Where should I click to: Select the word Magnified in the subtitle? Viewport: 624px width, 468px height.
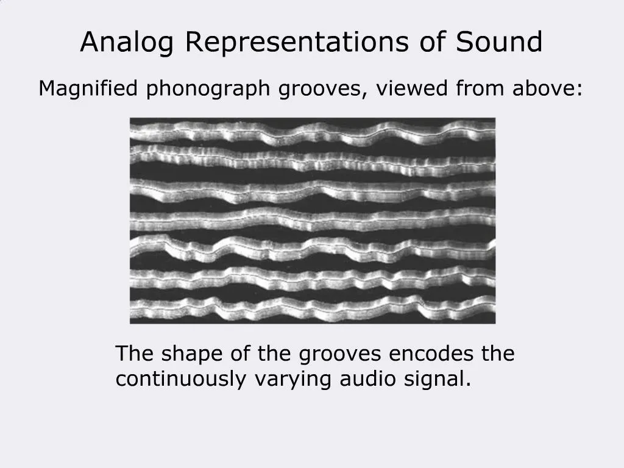[89, 89]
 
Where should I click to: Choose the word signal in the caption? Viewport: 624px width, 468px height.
[438, 380]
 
